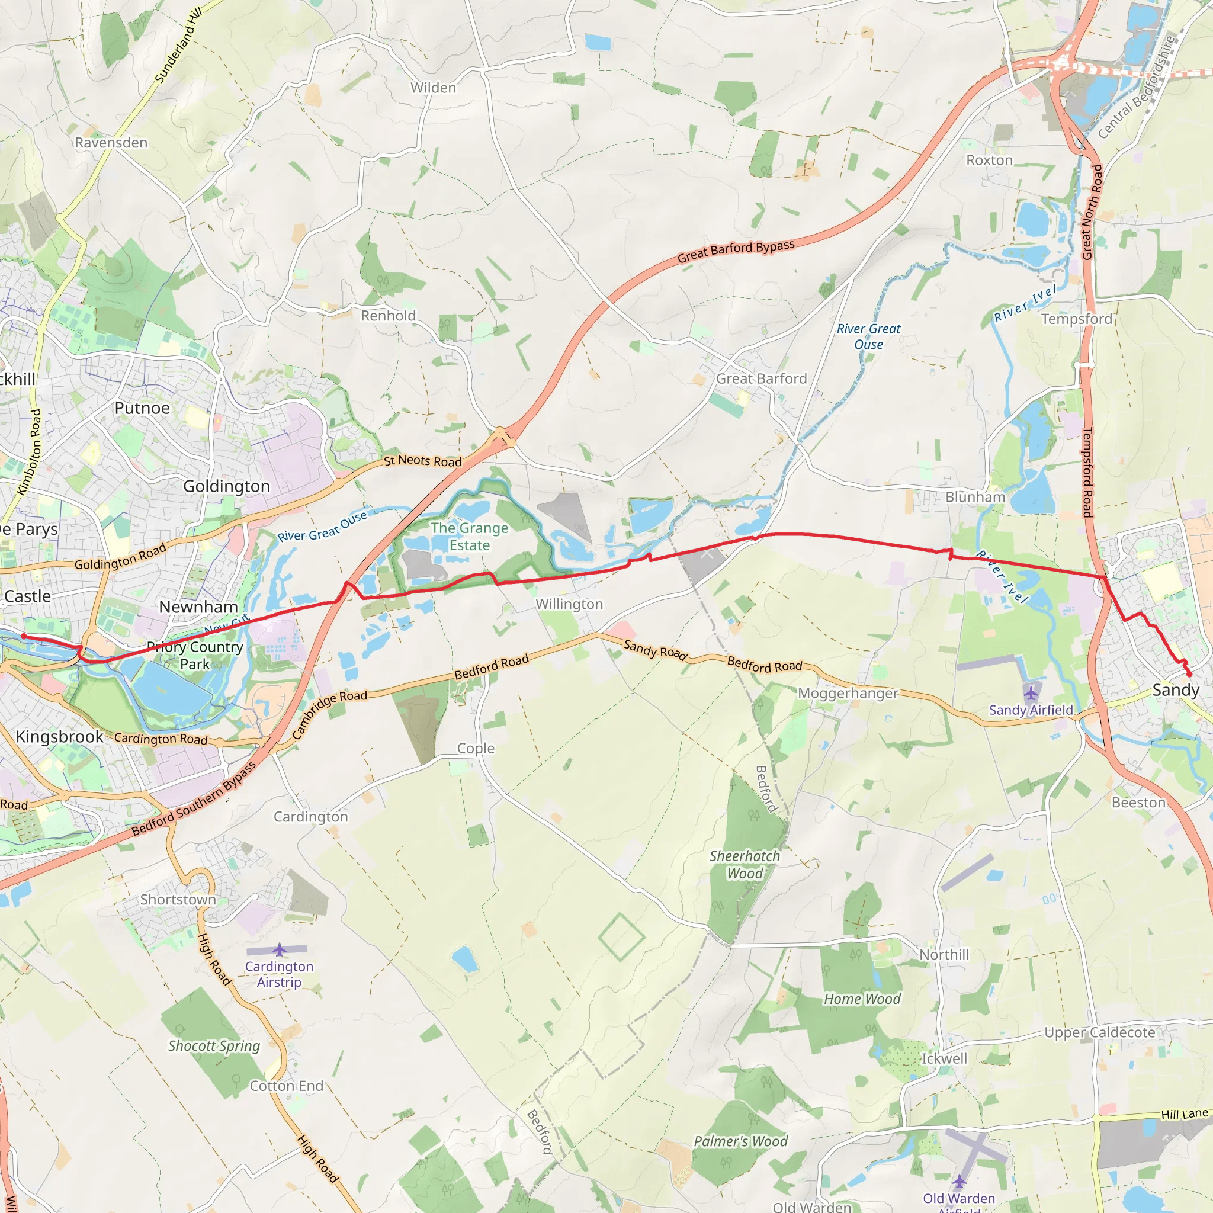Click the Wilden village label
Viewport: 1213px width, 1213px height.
[433, 88]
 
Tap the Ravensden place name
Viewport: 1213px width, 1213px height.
[111, 143]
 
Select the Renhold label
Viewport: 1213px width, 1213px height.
[388, 316]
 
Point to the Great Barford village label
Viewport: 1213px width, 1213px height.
[761, 379]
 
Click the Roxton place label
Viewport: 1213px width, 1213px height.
[989, 161]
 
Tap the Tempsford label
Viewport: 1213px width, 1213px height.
[1076, 320]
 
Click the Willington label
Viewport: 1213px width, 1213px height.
[569, 605]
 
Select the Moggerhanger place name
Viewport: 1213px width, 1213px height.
[848, 694]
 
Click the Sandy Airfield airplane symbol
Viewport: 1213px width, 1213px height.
[1031, 694]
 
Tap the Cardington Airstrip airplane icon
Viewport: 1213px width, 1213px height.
[280, 949]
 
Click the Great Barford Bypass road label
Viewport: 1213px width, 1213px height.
[736, 251]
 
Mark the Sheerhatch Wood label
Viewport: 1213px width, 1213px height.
[745, 865]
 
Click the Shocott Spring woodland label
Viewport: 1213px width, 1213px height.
[214, 1046]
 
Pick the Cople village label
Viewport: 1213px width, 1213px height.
[475, 749]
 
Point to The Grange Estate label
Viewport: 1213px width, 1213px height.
[470, 537]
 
